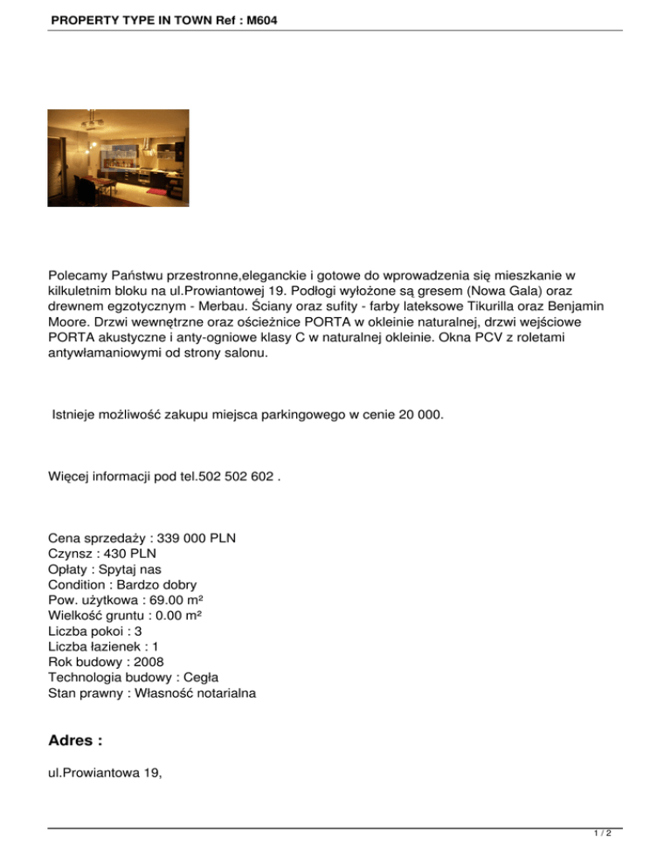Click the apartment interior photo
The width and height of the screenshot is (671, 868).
pos(118,158)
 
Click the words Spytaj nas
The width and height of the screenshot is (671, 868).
pos(124,568)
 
